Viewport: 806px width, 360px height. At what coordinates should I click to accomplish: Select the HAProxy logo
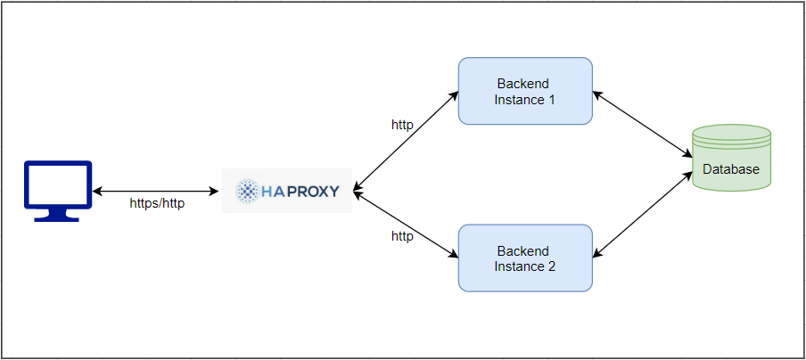(287, 190)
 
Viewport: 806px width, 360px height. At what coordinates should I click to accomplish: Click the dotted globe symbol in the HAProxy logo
(247, 190)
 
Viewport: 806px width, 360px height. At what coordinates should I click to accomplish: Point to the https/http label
(157, 204)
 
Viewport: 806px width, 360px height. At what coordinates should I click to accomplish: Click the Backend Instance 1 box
(525, 91)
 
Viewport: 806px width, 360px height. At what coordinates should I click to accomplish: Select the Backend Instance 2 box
(525, 258)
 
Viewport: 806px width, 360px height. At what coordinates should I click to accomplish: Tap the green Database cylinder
(731, 158)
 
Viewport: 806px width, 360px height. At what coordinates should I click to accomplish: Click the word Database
(731, 169)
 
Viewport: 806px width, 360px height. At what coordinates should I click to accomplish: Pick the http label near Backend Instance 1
(402, 125)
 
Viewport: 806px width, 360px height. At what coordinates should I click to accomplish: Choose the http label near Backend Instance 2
(402, 236)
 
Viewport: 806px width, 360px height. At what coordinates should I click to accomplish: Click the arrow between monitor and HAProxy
(157, 191)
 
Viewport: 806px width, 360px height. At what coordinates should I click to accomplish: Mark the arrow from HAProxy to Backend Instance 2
(406, 224)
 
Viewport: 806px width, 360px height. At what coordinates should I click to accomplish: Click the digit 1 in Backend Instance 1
(552, 100)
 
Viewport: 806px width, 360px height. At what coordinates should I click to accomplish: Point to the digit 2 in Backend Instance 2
(552, 266)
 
